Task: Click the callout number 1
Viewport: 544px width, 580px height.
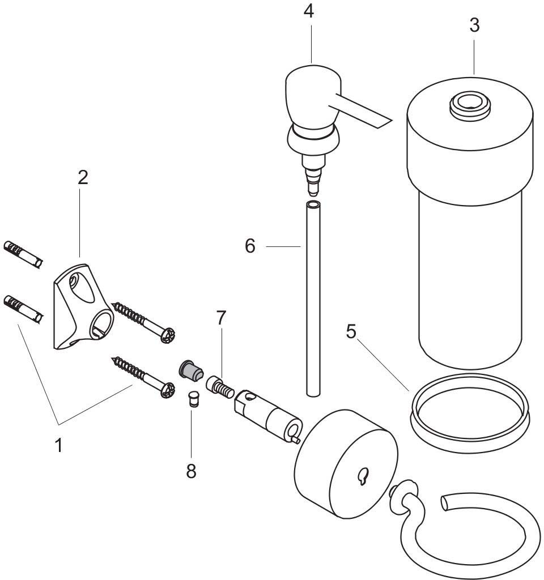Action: (x=59, y=445)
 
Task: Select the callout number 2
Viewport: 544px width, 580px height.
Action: (x=83, y=177)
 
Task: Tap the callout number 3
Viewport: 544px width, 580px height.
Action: (x=474, y=25)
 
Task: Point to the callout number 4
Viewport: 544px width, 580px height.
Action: (x=309, y=11)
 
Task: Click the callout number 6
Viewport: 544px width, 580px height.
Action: (x=250, y=246)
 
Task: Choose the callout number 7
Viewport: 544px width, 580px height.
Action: (x=221, y=318)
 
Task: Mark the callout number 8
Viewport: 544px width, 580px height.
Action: (x=191, y=471)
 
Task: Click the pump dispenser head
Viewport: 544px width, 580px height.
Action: (x=318, y=122)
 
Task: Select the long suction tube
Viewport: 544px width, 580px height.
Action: (x=313, y=299)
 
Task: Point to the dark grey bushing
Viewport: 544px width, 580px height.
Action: (x=191, y=370)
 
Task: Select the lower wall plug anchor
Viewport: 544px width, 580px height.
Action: (x=23, y=309)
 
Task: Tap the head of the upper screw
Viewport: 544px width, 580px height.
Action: (x=168, y=335)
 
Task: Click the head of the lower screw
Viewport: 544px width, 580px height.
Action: (x=168, y=390)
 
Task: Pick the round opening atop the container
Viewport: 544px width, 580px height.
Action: (x=470, y=105)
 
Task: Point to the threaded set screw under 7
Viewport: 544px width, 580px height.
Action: (x=220, y=387)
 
